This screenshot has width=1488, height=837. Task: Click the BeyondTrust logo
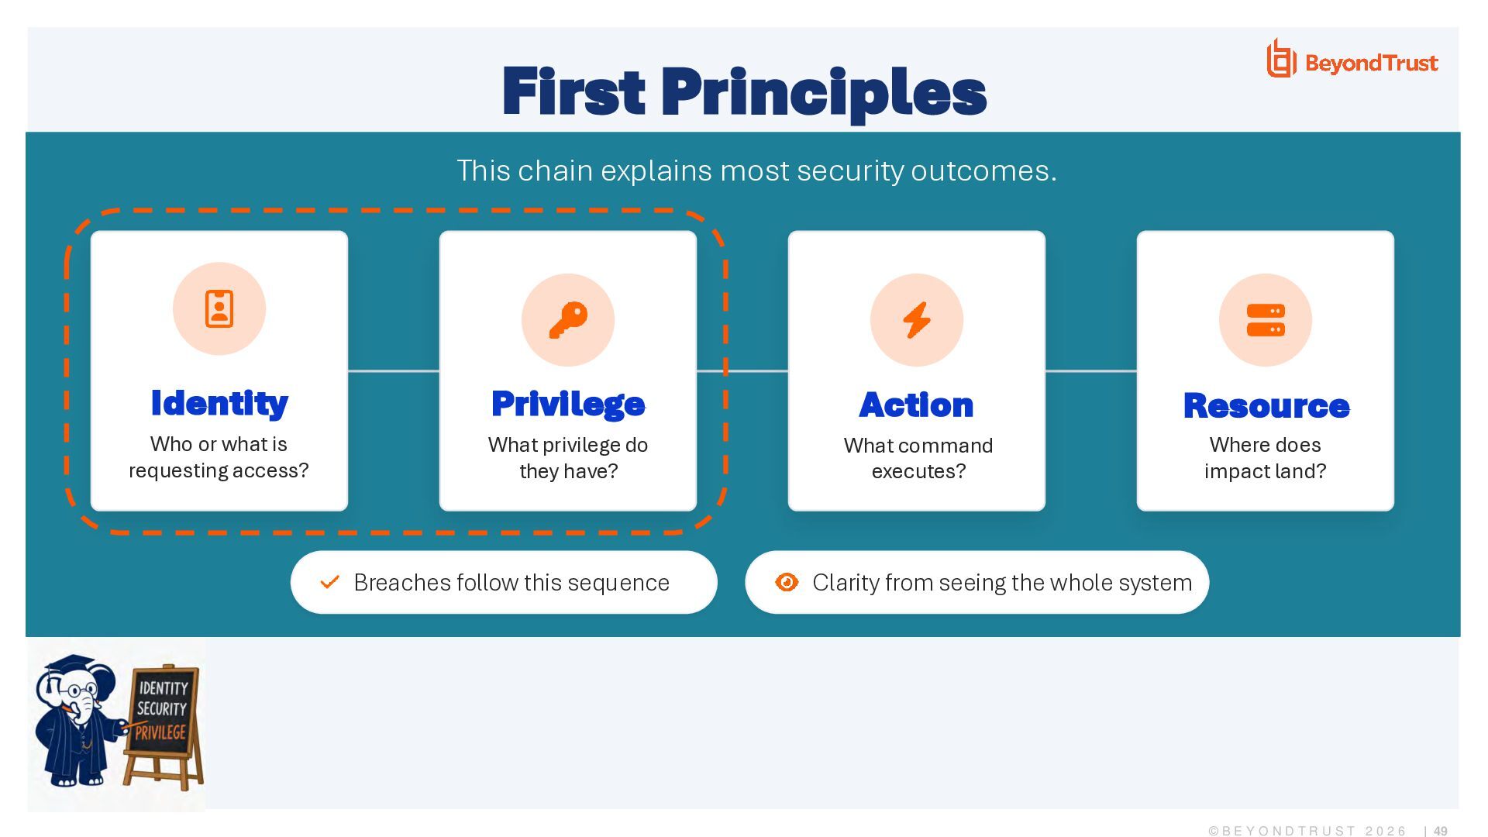(x=1352, y=60)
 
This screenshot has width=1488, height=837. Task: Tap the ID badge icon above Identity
(x=219, y=308)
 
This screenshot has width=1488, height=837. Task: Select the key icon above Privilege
(x=568, y=319)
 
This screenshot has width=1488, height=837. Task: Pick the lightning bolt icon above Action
(x=917, y=319)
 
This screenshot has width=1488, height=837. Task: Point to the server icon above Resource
(x=1266, y=320)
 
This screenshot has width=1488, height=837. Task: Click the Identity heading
(x=219, y=403)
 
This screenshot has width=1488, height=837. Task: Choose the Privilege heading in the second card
(x=568, y=404)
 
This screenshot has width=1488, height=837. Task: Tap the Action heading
(x=917, y=405)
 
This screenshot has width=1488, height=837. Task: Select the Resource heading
(x=1266, y=405)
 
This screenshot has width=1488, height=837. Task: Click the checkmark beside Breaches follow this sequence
(x=330, y=581)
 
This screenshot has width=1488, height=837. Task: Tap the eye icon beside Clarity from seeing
(x=787, y=582)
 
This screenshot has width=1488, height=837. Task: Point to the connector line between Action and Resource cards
(x=1091, y=371)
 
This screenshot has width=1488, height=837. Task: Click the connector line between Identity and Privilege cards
(x=394, y=371)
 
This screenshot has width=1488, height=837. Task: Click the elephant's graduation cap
(x=70, y=666)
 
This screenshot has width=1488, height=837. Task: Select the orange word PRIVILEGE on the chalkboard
(x=160, y=732)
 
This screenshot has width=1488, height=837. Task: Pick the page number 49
(x=1441, y=831)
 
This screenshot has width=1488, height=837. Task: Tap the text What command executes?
(x=918, y=458)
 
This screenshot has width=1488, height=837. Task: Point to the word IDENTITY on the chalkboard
(x=164, y=688)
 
